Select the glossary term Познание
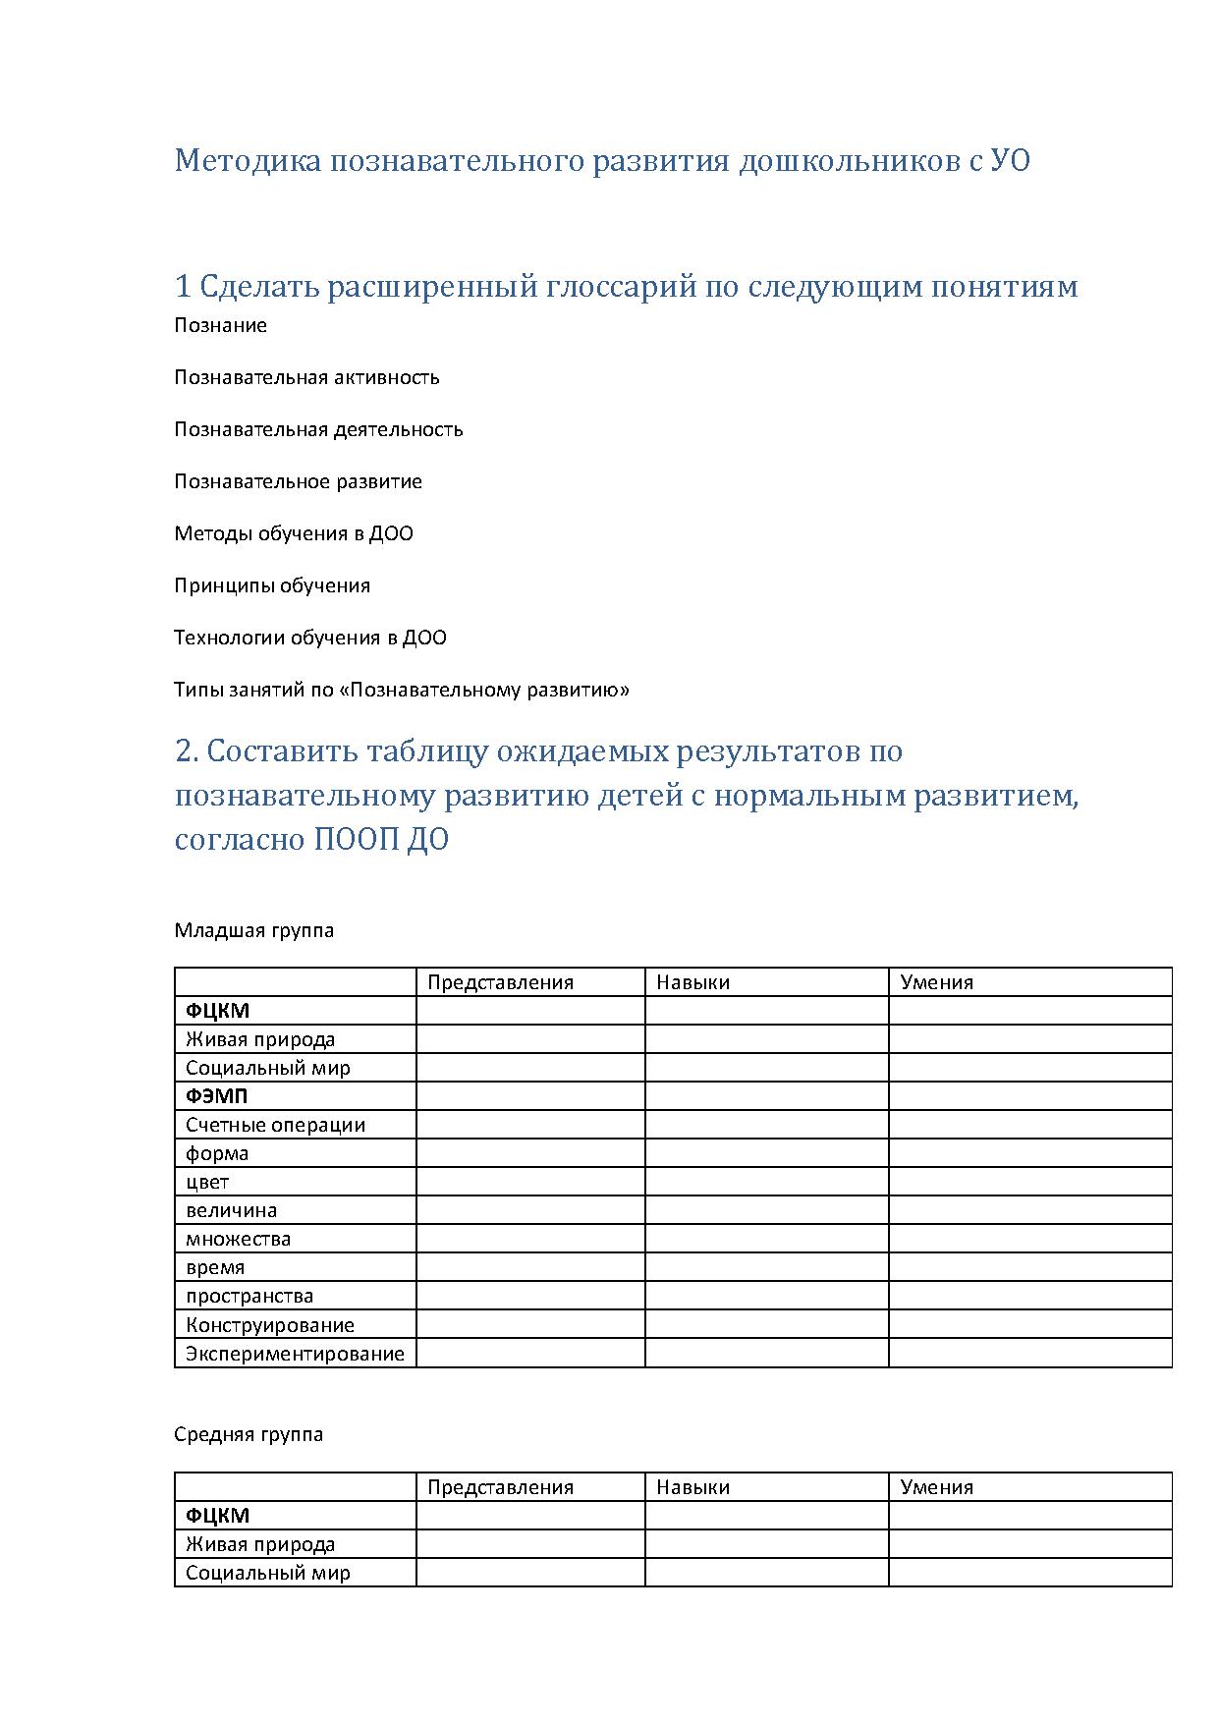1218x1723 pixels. coord(220,325)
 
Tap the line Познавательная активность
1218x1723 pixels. coord(306,377)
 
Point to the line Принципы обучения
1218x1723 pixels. coord(272,585)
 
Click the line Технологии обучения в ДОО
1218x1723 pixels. coord(309,638)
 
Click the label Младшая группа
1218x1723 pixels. coord(253,930)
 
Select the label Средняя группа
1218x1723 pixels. coord(249,1434)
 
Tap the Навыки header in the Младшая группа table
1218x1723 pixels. coord(692,982)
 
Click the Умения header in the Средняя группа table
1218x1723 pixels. coord(936,1487)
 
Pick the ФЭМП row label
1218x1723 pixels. coord(217,1096)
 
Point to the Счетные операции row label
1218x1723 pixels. coord(275,1125)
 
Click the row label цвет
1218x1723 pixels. coord(207,1182)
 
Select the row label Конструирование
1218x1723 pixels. coord(269,1325)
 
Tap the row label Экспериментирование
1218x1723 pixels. coord(295,1354)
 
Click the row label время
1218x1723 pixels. coord(215,1267)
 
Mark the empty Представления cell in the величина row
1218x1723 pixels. coord(530,1210)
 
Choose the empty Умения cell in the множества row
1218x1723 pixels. coord(1029,1239)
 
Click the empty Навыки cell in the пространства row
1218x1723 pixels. coord(766,1296)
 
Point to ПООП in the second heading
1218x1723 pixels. coord(355,841)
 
